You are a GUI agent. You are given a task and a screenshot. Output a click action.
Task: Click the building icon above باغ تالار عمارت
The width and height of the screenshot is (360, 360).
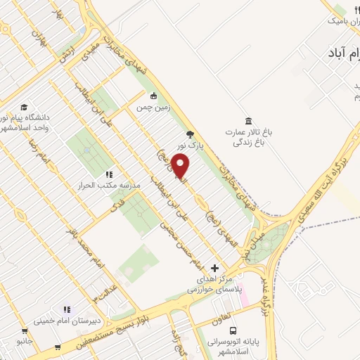tap(247, 121)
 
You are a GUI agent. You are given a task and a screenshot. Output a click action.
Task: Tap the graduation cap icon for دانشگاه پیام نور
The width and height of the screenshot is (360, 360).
tap(24, 108)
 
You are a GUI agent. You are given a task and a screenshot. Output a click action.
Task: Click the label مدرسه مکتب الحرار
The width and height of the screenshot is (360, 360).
tap(103, 186)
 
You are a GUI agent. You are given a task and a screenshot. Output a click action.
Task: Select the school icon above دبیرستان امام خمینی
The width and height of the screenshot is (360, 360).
tap(67, 309)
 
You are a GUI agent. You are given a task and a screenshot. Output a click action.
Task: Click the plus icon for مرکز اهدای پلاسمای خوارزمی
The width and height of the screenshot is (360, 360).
tap(215, 268)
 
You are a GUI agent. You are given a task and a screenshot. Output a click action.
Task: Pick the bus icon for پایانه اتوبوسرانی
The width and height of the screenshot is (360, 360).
tap(233, 328)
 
